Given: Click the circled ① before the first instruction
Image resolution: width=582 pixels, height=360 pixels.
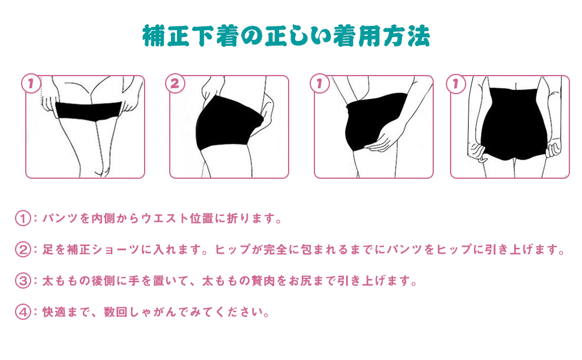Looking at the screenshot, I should coord(23,218).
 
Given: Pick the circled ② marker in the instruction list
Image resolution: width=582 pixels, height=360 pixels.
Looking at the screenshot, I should coord(23,250).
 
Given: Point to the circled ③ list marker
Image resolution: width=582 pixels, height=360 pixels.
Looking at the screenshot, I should coord(23,281).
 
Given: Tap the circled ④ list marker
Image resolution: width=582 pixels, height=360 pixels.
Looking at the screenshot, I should coord(23,312).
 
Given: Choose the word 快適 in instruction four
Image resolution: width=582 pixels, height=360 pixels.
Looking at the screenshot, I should coord(52,312).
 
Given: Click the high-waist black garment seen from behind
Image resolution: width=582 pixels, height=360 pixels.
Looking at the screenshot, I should coord(509,123).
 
